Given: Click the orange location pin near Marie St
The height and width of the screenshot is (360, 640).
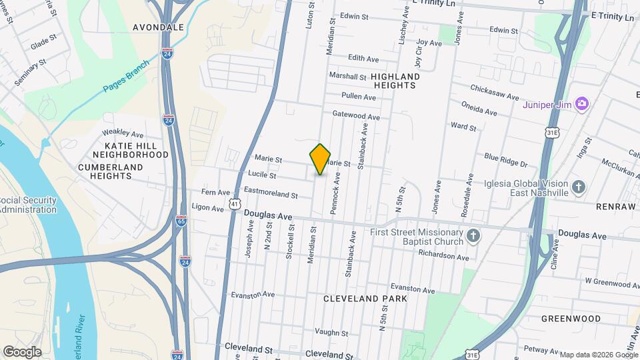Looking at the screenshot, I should [x=321, y=159].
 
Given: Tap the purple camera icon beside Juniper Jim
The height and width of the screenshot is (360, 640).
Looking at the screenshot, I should [x=582, y=103].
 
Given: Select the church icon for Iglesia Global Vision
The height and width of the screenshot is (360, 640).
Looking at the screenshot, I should [x=578, y=187].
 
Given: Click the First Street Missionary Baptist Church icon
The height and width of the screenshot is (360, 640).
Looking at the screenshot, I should [x=473, y=236].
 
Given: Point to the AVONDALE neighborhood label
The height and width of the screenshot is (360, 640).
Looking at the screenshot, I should [x=158, y=28].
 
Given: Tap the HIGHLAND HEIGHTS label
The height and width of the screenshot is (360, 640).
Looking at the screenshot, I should [x=397, y=81].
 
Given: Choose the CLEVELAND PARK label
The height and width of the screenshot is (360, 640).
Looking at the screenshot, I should [x=365, y=299].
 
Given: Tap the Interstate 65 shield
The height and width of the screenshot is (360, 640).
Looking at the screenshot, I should [x=181, y=221].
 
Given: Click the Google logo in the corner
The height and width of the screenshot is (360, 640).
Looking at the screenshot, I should [x=22, y=351].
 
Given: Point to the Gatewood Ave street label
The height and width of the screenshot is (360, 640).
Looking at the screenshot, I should [x=356, y=115].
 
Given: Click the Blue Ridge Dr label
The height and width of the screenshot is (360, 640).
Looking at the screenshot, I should [x=505, y=160].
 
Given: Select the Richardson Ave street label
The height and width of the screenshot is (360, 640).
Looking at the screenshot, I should [x=444, y=255].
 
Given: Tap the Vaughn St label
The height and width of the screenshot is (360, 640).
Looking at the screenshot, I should [x=327, y=331].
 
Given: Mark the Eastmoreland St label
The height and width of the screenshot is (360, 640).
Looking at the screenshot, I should [x=270, y=194].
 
